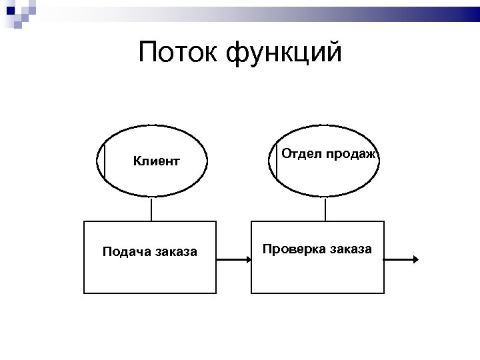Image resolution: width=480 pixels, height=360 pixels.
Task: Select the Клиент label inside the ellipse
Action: tap(156, 161)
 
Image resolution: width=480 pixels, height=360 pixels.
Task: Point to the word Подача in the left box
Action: tap(126, 252)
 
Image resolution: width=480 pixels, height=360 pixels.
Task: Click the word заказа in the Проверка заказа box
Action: tap(350, 249)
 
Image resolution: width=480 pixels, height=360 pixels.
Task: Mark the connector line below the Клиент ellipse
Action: tap(151, 209)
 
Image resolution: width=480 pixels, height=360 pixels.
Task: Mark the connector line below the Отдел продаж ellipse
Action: tap(325, 209)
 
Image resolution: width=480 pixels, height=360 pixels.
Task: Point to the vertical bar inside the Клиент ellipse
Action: tap(105, 161)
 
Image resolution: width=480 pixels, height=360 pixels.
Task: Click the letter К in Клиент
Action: tap(137, 161)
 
